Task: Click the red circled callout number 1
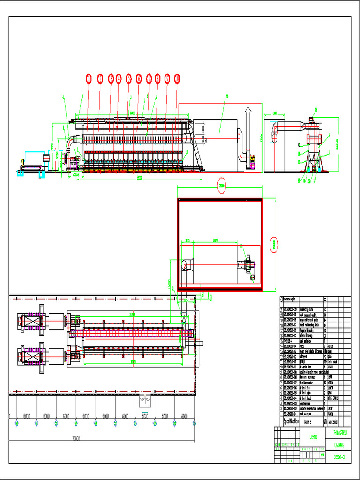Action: [x=88, y=80]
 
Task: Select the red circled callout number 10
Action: [x=177, y=80]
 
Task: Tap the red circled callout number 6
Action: [x=139, y=80]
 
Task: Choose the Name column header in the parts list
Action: [x=307, y=422]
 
